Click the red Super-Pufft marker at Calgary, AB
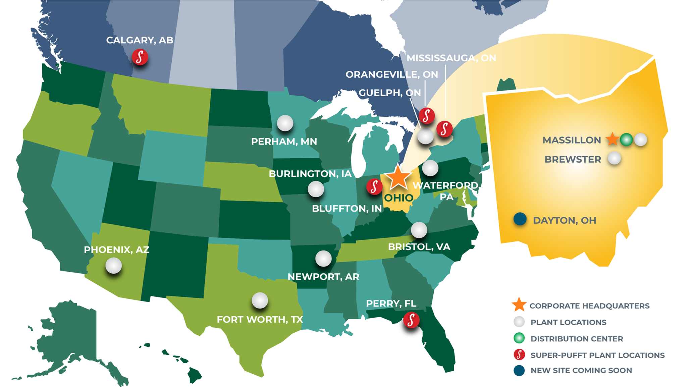140,57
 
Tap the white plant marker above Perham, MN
285,123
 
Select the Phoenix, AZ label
116,250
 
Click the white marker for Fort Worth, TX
260,300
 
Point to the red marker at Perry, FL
411,320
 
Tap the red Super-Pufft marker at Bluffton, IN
374,186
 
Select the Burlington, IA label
310,174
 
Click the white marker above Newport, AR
323,259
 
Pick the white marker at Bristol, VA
419,230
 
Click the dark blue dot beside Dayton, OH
520,219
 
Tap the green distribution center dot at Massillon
626,140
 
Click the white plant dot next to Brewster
614,158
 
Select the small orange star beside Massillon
612,139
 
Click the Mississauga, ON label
451,58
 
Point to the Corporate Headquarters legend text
589,306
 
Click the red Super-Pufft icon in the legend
519,354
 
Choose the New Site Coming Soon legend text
581,371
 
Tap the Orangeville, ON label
391,74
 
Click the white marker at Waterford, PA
430,168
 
